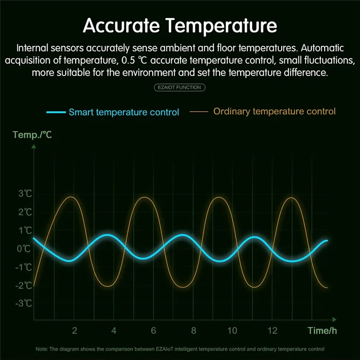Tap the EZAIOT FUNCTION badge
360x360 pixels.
click(x=180, y=87)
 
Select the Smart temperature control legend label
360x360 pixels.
click(x=124, y=112)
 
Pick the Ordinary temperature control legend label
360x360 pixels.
click(x=274, y=111)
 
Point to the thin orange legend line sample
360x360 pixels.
click(x=199, y=111)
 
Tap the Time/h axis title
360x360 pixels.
click(x=322, y=331)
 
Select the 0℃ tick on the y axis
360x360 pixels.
click(x=24, y=248)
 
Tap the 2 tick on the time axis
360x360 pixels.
click(x=75, y=331)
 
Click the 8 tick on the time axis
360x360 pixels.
click(x=193, y=331)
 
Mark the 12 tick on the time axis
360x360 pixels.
click(x=272, y=331)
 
